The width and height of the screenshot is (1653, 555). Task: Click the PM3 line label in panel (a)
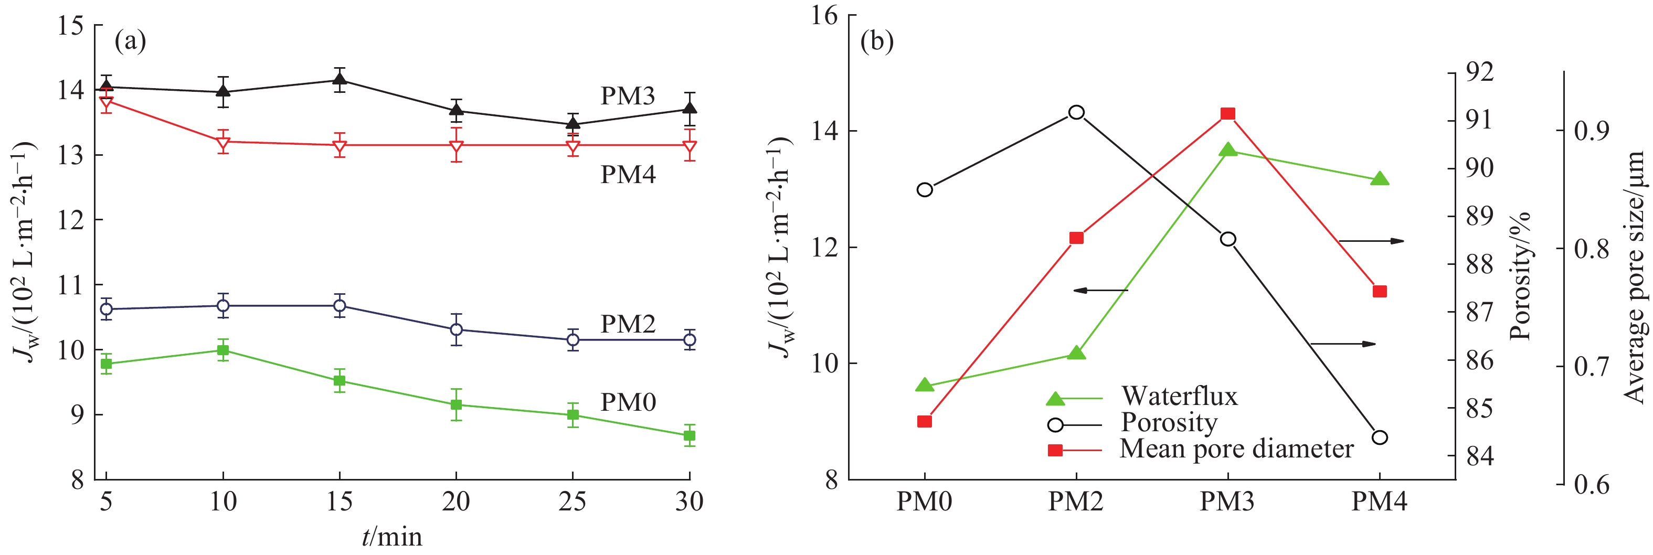coord(627,96)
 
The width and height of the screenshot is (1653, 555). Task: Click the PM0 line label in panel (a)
coord(628,402)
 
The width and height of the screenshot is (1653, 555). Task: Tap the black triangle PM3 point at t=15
coord(340,80)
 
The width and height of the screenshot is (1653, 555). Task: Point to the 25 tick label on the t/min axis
coord(573,501)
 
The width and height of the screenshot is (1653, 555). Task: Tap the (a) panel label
coord(130,42)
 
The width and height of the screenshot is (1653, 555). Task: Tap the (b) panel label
coord(876,42)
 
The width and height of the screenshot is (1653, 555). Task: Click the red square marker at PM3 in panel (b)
coord(1227,114)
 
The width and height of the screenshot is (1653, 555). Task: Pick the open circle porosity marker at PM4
coord(1380,437)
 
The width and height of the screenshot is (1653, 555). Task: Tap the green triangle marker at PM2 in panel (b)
coord(1076,353)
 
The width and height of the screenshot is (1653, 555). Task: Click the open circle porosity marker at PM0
coord(925,190)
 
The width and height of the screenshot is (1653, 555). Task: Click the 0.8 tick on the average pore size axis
coord(1592,248)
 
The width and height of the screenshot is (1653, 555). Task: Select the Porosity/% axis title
coord(1520,276)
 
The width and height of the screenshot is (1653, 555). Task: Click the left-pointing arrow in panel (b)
coord(1100,291)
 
